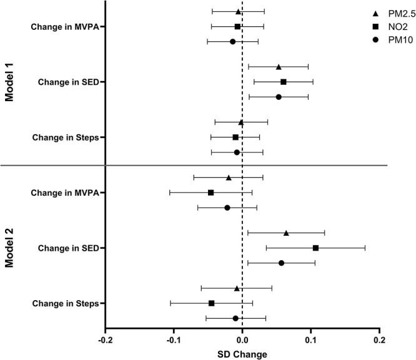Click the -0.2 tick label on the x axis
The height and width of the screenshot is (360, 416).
point(105,341)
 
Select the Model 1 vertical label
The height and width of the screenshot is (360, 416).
point(9,81)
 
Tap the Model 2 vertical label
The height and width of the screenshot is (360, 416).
point(9,248)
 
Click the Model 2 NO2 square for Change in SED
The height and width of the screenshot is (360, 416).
point(315,248)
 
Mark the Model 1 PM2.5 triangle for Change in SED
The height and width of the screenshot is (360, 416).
point(279,67)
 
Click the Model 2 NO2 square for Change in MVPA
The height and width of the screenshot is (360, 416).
point(210,193)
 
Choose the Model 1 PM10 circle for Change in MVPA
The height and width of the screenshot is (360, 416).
point(232,42)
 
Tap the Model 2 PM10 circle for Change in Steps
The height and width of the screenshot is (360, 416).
point(235,318)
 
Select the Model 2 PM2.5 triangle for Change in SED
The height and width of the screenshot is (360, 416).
point(286,233)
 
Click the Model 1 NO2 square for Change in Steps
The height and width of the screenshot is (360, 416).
point(235,137)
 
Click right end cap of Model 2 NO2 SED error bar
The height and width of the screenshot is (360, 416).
point(365,248)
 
